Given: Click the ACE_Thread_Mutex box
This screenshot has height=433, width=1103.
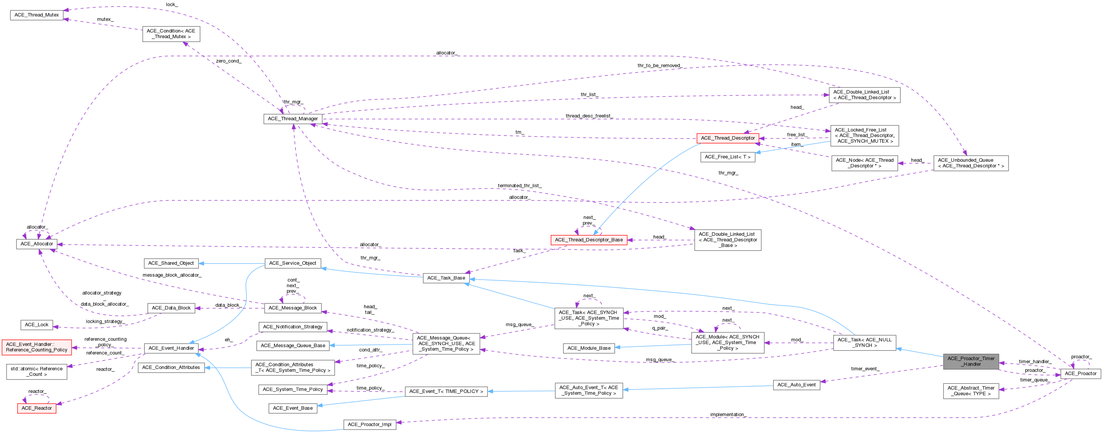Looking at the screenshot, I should (37, 15).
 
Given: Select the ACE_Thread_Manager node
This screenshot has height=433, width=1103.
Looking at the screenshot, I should (293, 119).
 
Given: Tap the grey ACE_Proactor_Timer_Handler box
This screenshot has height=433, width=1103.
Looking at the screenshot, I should (971, 361).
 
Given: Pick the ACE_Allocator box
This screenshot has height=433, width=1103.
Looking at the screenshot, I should (37, 244).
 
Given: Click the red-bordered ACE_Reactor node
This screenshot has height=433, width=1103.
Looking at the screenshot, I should (37, 408).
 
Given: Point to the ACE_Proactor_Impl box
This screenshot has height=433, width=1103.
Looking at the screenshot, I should (369, 425).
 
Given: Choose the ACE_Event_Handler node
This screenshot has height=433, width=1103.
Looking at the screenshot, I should (171, 348).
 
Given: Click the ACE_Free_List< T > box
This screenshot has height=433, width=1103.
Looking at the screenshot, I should (727, 157).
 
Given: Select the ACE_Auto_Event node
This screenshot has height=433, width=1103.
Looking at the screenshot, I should (796, 385).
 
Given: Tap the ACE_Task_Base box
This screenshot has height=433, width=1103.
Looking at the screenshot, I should (446, 278).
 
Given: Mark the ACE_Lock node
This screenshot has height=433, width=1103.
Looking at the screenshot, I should (37, 325).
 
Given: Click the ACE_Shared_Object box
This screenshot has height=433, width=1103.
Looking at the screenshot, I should (171, 263).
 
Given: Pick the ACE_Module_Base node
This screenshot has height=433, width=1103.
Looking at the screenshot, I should (589, 348).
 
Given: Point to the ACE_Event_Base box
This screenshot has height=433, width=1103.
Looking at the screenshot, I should (293, 408).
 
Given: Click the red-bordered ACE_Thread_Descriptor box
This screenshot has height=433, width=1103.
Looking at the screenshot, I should (727, 138).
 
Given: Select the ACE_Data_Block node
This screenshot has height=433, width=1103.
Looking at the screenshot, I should (171, 308).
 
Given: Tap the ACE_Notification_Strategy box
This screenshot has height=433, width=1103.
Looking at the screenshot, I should (293, 327).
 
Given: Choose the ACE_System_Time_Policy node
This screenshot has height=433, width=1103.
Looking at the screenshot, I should (293, 389).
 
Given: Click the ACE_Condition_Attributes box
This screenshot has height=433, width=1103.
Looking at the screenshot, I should (171, 367).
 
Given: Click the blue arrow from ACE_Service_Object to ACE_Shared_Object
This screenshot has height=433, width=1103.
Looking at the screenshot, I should (231, 263).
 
